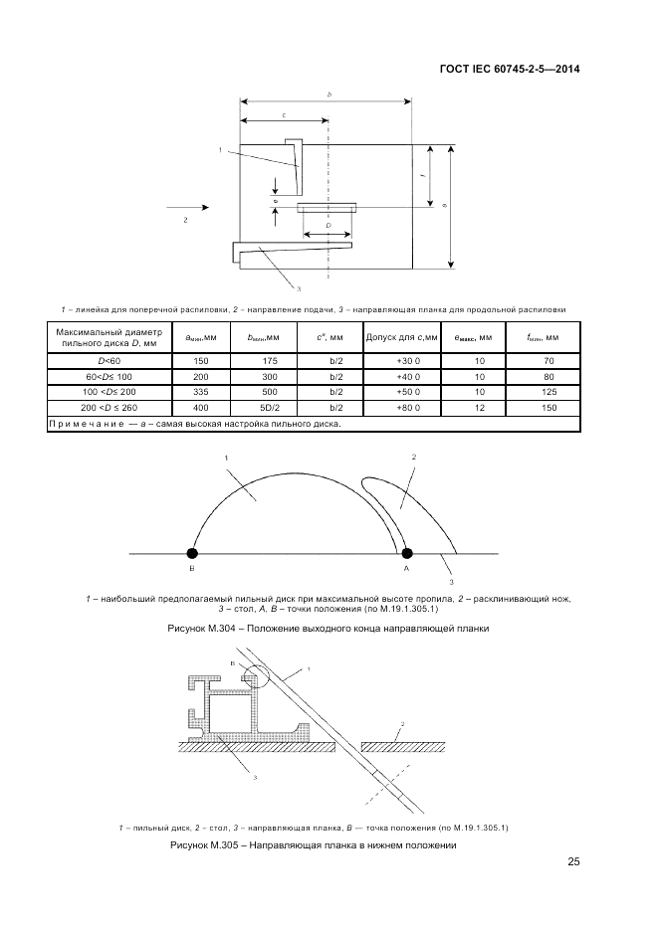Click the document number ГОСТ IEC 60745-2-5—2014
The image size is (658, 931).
[x=509, y=70]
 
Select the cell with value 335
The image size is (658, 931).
[x=201, y=392]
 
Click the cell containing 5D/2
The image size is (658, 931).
[x=268, y=408]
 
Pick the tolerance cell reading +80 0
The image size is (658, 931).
[x=409, y=408]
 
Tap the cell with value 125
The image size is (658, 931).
[x=544, y=392]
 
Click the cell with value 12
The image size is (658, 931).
[x=479, y=408]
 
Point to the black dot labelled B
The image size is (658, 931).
[x=192, y=553]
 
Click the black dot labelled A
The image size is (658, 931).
[x=406, y=553]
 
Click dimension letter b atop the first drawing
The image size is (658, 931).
[x=329, y=93]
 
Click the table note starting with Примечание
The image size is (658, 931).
[x=195, y=424]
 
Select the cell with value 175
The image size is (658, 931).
[x=268, y=360]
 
